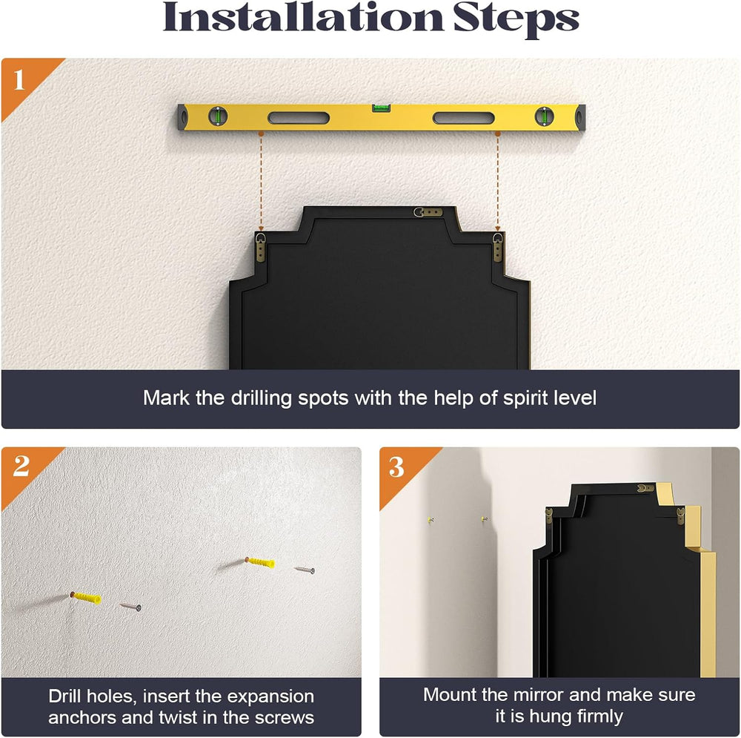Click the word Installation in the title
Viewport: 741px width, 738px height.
point(302,18)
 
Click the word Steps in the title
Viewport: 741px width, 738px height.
point(516,20)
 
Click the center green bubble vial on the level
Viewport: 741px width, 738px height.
point(382,108)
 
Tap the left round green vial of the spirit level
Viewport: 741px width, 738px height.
point(218,116)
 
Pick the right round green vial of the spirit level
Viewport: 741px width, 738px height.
point(545,116)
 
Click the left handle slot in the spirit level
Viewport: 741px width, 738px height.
point(299,118)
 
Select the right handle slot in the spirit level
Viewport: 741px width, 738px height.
point(464,118)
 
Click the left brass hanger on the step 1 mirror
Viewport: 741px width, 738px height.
point(261,247)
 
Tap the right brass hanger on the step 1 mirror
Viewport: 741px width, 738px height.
point(498,247)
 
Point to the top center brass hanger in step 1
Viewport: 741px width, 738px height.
point(428,212)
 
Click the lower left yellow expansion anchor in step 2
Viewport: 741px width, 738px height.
point(86,598)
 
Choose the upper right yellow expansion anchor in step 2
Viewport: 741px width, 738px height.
point(260,562)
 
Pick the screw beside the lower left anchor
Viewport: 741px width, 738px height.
point(130,607)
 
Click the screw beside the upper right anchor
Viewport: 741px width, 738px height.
point(305,570)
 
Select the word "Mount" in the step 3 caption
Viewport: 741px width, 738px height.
point(450,695)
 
